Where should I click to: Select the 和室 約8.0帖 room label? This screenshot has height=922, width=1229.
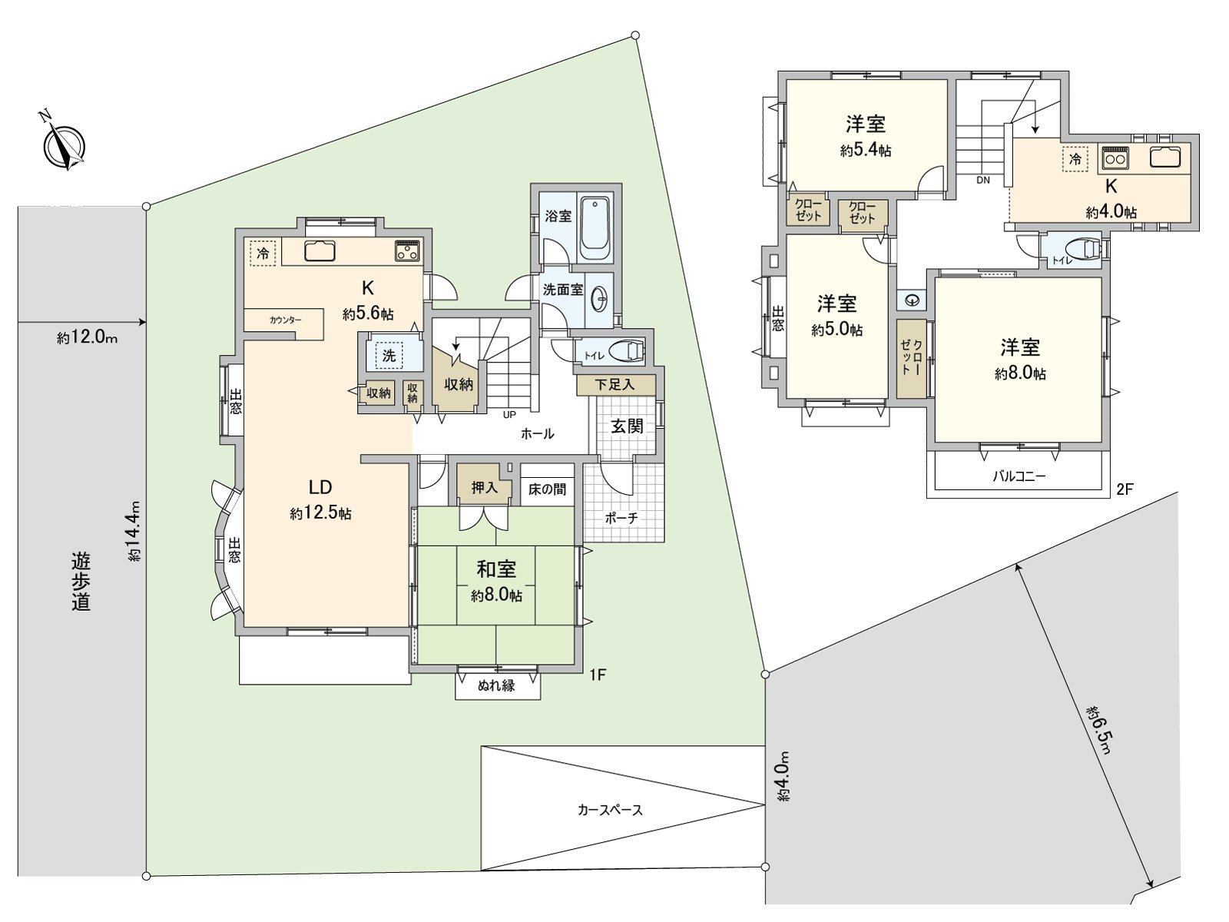click(x=496, y=582)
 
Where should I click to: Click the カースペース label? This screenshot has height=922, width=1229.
click(x=610, y=810)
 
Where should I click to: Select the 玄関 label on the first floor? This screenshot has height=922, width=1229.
click(x=627, y=426)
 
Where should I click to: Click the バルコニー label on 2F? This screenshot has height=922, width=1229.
click(x=1019, y=476)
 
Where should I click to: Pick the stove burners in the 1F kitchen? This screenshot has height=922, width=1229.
click(x=408, y=250)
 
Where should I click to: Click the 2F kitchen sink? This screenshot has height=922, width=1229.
click(x=1165, y=157)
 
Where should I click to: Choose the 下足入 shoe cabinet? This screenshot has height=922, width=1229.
click(x=614, y=385)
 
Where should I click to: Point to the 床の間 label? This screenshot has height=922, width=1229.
click(x=547, y=489)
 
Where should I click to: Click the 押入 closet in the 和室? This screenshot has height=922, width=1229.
click(x=485, y=487)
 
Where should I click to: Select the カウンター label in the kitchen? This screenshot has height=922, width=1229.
click(x=286, y=320)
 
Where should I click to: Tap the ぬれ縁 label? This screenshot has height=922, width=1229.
click(x=496, y=685)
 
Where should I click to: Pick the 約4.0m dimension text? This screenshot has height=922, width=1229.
click(x=786, y=776)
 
